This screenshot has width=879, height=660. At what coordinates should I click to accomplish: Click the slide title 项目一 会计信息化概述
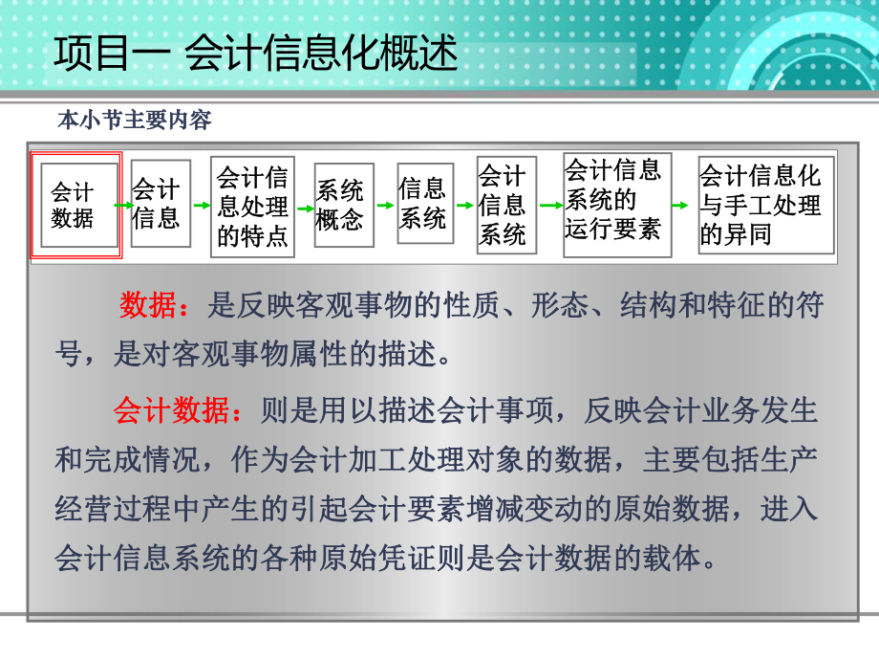(x=255, y=54)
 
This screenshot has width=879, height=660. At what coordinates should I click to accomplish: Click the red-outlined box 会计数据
(x=75, y=205)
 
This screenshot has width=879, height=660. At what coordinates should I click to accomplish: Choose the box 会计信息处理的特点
(x=252, y=206)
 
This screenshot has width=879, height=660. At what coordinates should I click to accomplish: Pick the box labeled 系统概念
(x=342, y=205)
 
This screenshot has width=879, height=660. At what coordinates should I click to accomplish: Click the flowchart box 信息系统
(x=423, y=204)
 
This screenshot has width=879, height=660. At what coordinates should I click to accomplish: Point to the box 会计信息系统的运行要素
(x=615, y=203)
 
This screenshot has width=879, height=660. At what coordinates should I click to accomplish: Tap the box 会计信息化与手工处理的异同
(x=761, y=205)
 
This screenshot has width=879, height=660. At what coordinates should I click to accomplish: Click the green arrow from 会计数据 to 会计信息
(x=123, y=205)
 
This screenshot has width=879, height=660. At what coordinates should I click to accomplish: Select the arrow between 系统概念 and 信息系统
(x=383, y=205)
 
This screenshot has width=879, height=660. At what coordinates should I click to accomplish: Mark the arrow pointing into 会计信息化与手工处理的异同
(x=680, y=205)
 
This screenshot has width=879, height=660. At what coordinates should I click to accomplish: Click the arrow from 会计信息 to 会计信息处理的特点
(x=202, y=205)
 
